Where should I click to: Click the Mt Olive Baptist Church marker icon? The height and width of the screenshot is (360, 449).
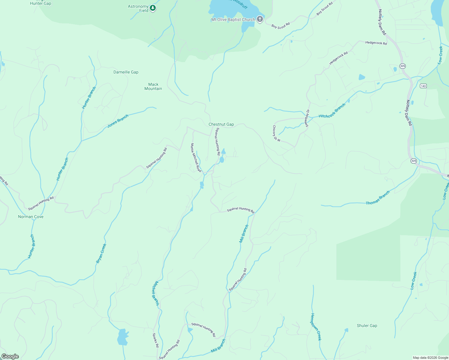pos(260,19)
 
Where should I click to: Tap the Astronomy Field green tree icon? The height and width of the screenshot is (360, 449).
pos(153,8)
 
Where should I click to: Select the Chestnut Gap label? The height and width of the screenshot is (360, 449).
pos(221,124)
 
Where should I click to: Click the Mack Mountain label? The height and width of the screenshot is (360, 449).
pos(153,86)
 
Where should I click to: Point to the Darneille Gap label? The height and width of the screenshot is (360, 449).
pos(126,72)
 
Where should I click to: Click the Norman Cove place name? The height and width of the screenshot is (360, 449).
pos(31,217)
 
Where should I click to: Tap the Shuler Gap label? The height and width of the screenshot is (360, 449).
pos(367,325)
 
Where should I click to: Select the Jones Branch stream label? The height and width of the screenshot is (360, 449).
pos(118,121)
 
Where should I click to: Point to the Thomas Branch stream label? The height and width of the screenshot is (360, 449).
pos(378,198)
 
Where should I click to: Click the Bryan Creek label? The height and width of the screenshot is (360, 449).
pos(101,253)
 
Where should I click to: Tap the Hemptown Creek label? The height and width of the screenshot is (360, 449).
pos(316,327)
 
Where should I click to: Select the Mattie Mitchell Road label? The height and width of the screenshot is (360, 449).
pos(196,157)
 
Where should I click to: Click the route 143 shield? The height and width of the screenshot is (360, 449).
pos(423,86)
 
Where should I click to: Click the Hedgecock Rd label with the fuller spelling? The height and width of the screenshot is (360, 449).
pos(376,43)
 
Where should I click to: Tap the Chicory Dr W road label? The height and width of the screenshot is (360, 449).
pos(276,133)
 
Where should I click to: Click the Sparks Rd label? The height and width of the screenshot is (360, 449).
pos(155,340)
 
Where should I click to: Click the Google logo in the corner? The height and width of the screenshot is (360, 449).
pos(10,356)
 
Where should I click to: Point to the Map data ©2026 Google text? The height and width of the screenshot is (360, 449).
pos(430,358)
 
